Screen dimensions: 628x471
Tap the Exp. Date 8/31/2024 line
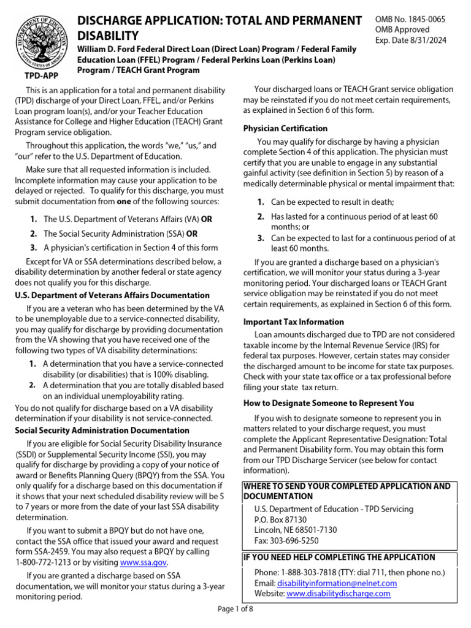(410, 40)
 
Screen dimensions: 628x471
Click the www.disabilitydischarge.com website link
(338, 594)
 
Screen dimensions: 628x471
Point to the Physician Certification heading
(285, 128)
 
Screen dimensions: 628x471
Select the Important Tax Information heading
(294, 322)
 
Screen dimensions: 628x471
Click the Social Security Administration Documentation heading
(102, 431)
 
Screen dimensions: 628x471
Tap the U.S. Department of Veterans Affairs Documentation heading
(112, 295)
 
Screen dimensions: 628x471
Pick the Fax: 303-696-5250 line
(286, 541)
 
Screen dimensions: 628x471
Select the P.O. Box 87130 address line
(280, 519)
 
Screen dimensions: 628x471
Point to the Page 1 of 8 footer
(235, 609)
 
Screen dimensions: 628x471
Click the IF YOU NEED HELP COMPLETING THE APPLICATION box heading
(339, 557)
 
